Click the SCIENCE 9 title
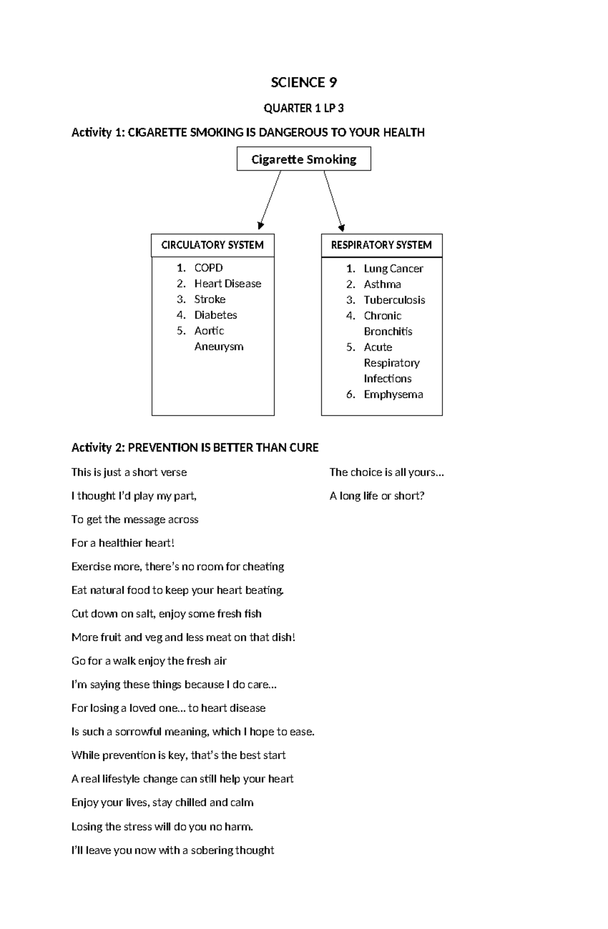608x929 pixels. pyautogui.click(x=303, y=83)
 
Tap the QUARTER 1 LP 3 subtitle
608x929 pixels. pyautogui.click(x=303, y=108)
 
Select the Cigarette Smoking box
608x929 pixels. pyautogui.click(x=303, y=159)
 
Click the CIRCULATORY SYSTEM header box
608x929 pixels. pyautogui.click(x=212, y=245)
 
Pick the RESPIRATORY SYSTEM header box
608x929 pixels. pyautogui.click(x=382, y=245)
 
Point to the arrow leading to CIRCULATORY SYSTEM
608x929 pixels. pyautogui.click(x=270, y=200)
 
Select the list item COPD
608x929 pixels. pyautogui.click(x=208, y=268)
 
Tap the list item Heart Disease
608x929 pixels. pyautogui.click(x=227, y=284)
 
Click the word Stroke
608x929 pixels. pyautogui.click(x=210, y=299)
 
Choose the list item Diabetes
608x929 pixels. pyautogui.click(x=215, y=315)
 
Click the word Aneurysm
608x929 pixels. pyautogui.click(x=219, y=347)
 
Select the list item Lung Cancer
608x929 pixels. pyautogui.click(x=393, y=269)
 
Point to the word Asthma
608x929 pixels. pyautogui.click(x=382, y=285)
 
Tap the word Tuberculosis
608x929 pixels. pyautogui.click(x=394, y=300)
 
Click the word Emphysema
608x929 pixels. pyautogui.click(x=393, y=394)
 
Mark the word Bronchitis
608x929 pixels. pyautogui.click(x=388, y=332)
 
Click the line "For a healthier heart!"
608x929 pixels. pyautogui.click(x=123, y=543)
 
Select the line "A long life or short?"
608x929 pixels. pyautogui.click(x=377, y=496)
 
